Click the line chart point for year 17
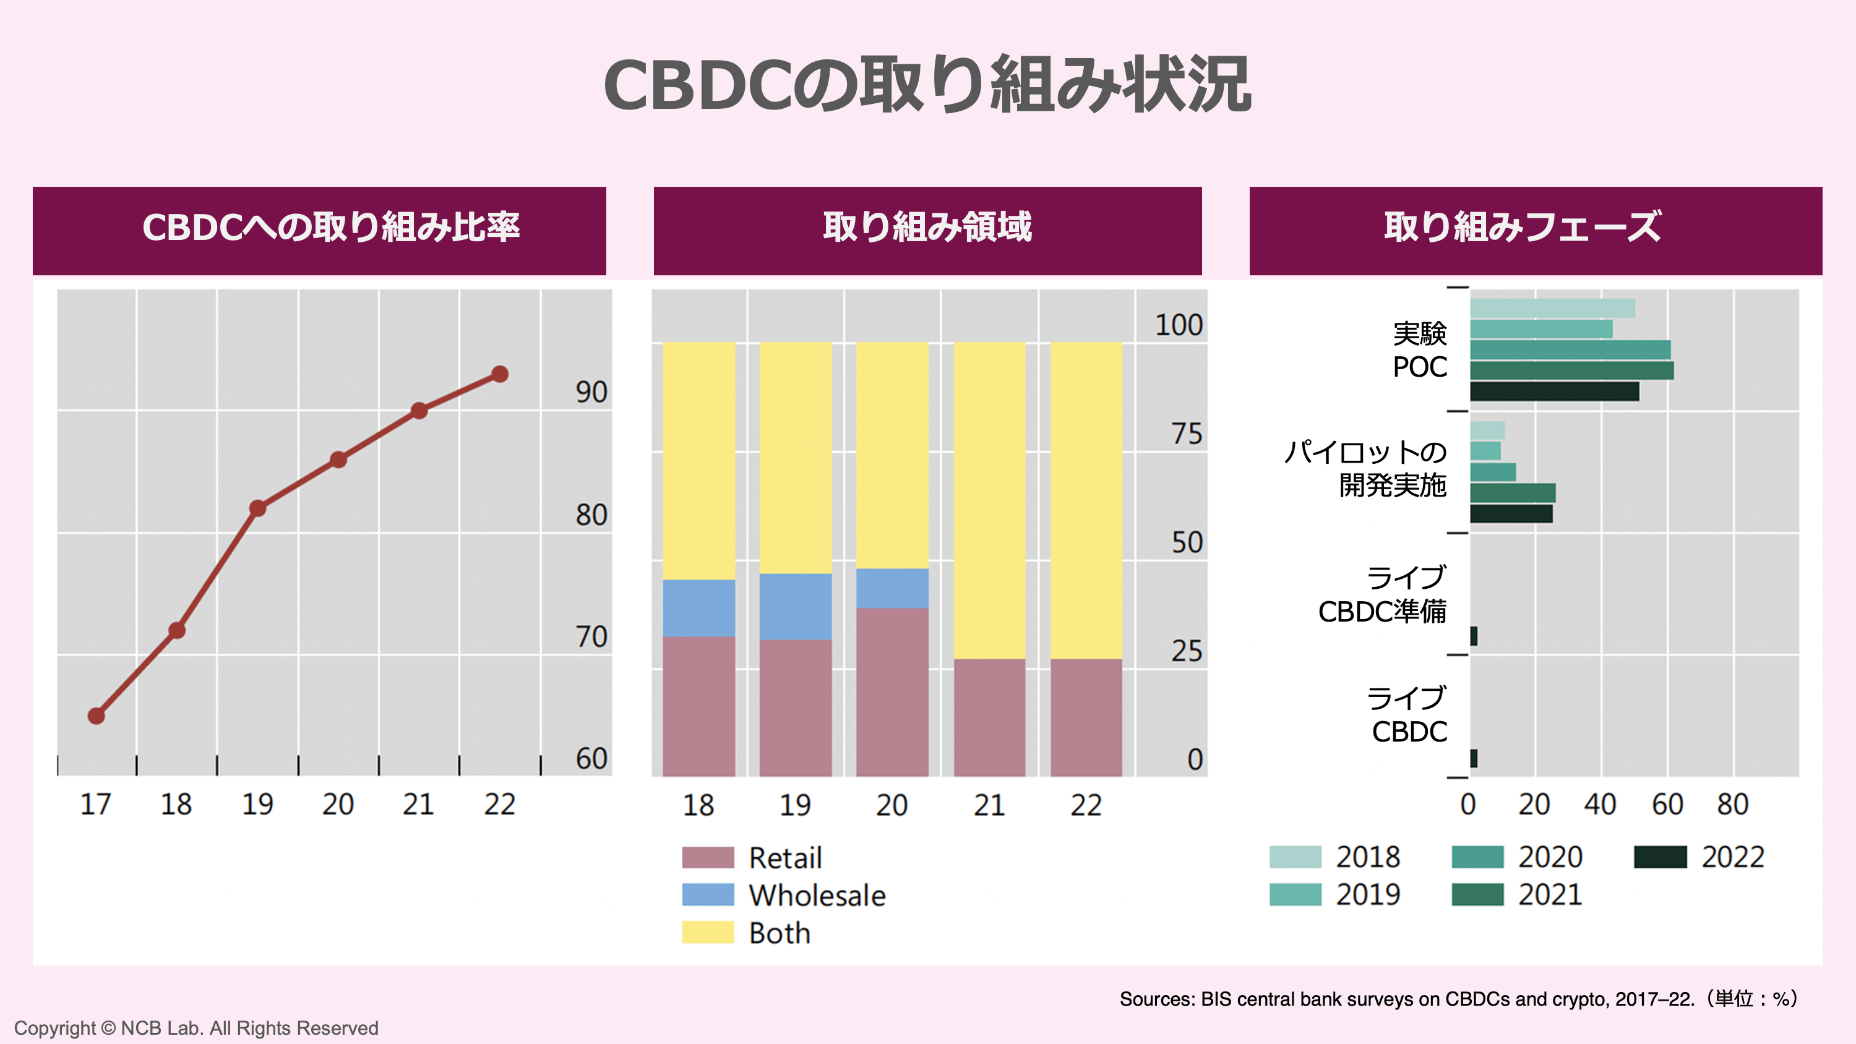click(97, 716)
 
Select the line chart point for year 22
click(500, 374)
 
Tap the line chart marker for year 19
click(258, 508)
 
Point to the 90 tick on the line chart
click(591, 393)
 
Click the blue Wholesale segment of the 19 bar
click(796, 606)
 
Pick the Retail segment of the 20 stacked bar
click(892, 691)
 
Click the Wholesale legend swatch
click(708, 895)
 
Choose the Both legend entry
click(779, 933)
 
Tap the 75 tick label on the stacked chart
click(1186, 434)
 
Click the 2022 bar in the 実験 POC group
click(1554, 391)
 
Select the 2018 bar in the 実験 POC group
click(1552, 309)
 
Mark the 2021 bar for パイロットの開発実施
click(1512, 493)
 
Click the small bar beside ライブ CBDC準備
click(1474, 636)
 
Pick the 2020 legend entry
click(1549, 857)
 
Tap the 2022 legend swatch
click(1660, 857)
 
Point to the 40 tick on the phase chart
click(1599, 804)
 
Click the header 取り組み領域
click(927, 228)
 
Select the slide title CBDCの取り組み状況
click(927, 85)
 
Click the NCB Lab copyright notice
click(196, 1027)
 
